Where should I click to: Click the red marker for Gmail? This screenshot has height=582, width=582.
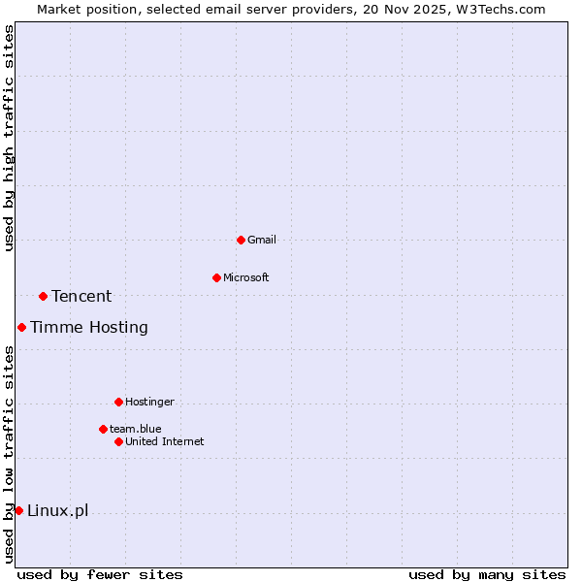[241, 240]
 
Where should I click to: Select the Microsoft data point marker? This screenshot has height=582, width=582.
[216, 277]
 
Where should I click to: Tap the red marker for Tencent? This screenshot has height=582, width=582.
[43, 296]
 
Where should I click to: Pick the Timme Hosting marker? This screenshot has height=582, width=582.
[21, 327]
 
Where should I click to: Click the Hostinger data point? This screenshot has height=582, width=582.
[118, 402]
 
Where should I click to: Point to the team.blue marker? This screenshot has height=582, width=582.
[103, 429]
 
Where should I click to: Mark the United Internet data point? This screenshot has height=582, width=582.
[118, 441]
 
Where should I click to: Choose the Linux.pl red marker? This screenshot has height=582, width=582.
[18, 510]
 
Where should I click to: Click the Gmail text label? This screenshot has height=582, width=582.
[262, 240]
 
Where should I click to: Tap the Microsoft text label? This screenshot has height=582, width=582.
[246, 277]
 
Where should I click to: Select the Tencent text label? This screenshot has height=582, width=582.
[81, 296]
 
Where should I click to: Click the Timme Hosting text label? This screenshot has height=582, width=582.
[89, 327]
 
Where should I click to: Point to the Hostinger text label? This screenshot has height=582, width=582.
[149, 402]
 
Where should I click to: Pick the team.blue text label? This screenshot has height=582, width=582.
[136, 429]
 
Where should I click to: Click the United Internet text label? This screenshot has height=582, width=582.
[165, 441]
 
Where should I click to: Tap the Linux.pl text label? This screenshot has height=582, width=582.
[57, 510]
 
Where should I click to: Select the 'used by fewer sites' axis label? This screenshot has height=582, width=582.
[100, 574]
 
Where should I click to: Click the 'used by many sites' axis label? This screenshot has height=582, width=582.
[487, 574]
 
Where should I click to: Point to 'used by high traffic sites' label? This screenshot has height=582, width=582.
[9, 138]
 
